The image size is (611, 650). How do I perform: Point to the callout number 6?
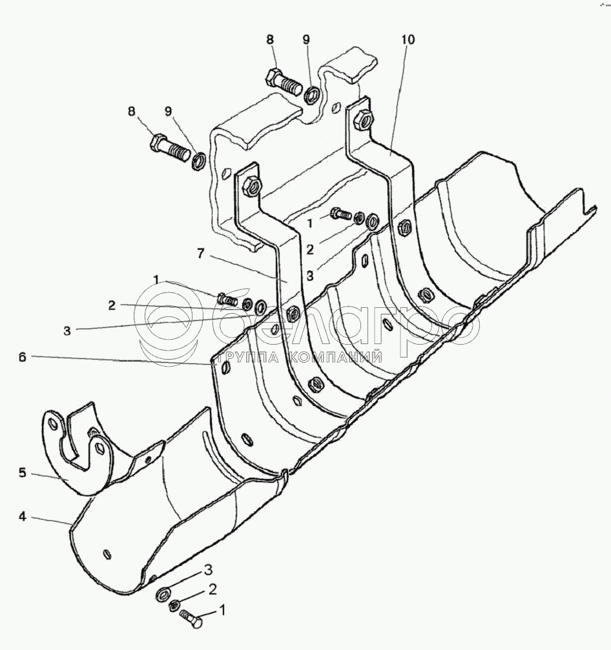[x=22, y=357]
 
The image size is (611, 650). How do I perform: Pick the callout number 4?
[x=22, y=516]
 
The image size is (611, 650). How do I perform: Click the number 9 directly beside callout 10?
[x=307, y=40]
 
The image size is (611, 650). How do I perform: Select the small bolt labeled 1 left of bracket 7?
[x=229, y=299]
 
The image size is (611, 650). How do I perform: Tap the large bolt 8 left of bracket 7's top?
[x=169, y=147]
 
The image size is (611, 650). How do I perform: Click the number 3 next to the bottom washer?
[x=209, y=569]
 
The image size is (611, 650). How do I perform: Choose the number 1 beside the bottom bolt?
[x=223, y=609]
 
